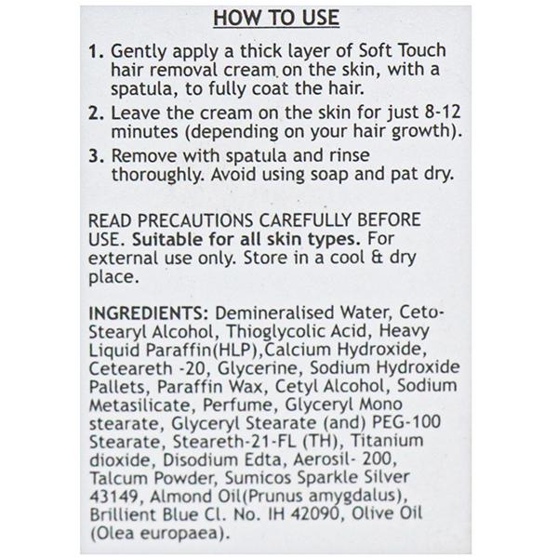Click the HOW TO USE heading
pyautogui.click(x=276, y=18)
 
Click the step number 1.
pyautogui.click(x=96, y=51)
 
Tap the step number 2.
pyautogui.click(x=96, y=113)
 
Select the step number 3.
pyautogui.click(x=96, y=156)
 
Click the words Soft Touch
pyautogui.click(x=402, y=50)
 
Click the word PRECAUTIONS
pyautogui.click(x=195, y=220)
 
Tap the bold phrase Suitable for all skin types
pyautogui.click(x=246, y=239)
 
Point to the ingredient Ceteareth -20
pyautogui.click(x=147, y=368)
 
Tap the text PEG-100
pyautogui.click(x=406, y=423)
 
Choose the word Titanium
pyautogui.click(x=387, y=441)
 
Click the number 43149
pyautogui.click(x=113, y=497)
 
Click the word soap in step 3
pyautogui.click(x=329, y=175)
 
